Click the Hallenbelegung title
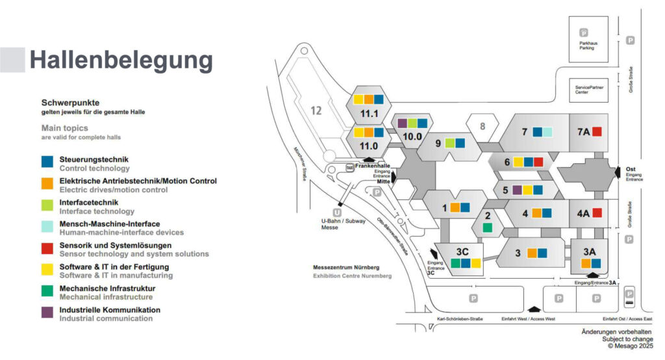click(121, 60)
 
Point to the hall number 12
click(316, 110)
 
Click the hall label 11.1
click(370, 114)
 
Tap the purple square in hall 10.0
click(402, 123)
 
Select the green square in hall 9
click(450, 143)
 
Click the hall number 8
click(483, 126)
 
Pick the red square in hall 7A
click(597, 132)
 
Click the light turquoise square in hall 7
click(547, 132)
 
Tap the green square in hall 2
click(487, 227)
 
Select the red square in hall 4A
click(597, 212)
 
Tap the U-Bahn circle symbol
click(337, 212)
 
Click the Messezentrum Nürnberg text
click(345, 268)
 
